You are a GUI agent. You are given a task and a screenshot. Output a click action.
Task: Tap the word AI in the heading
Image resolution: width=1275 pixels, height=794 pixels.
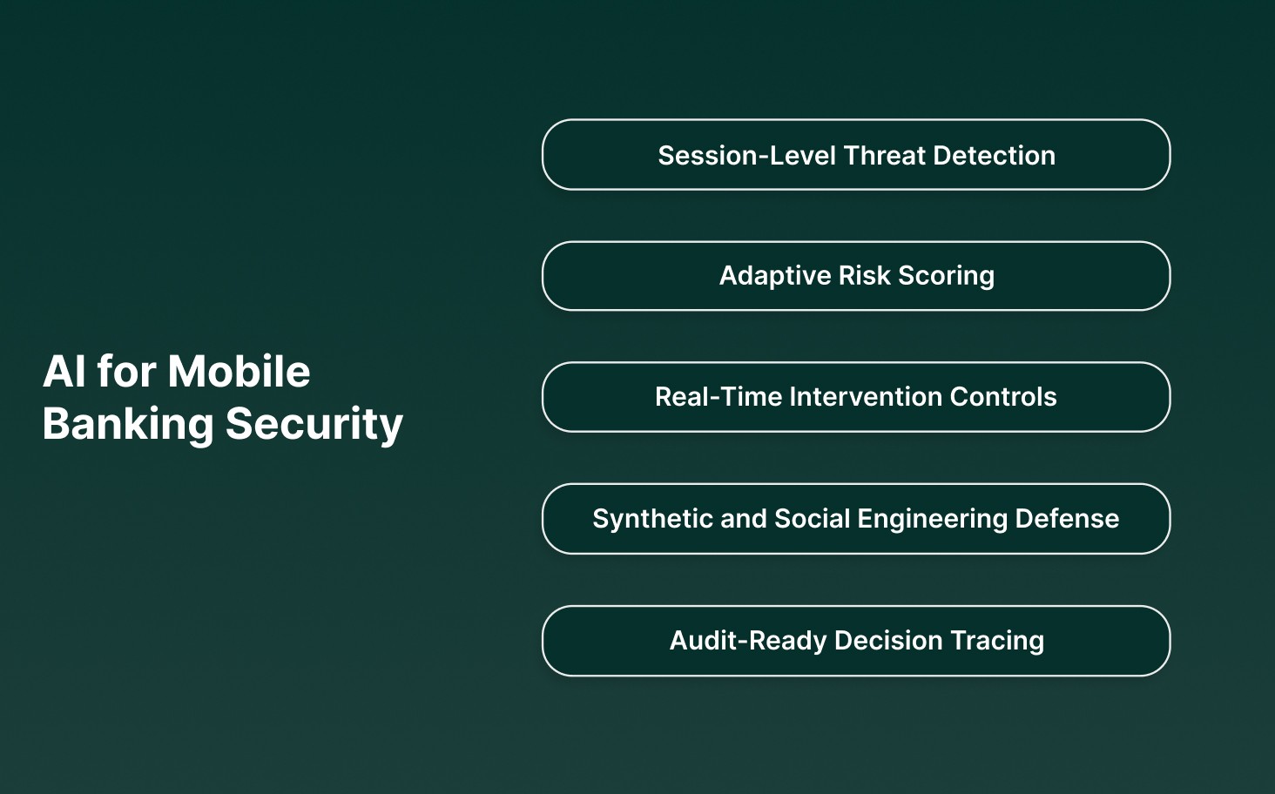(64, 372)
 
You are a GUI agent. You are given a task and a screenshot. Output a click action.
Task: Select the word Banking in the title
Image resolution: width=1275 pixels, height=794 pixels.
(128, 424)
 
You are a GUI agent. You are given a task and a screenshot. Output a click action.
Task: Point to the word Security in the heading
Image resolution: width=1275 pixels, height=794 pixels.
(314, 424)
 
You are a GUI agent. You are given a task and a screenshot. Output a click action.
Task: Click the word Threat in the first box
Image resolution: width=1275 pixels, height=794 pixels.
(884, 156)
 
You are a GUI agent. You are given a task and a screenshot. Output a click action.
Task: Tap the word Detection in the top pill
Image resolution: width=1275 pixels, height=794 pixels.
(994, 156)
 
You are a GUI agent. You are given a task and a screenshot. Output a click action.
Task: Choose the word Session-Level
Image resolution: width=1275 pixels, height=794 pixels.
(746, 156)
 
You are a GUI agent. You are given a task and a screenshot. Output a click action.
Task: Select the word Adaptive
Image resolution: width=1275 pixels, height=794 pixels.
(775, 276)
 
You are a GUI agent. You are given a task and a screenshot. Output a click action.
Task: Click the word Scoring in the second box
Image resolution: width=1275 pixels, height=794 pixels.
(946, 276)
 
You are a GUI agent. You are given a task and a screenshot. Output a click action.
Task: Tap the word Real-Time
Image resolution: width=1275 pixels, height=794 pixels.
(718, 397)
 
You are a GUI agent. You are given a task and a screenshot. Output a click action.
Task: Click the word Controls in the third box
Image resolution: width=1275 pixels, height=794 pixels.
(1003, 397)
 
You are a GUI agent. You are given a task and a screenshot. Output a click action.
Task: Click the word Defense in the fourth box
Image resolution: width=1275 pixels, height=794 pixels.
(1067, 519)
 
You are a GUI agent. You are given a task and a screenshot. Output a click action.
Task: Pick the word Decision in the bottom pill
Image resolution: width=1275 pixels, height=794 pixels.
(888, 641)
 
